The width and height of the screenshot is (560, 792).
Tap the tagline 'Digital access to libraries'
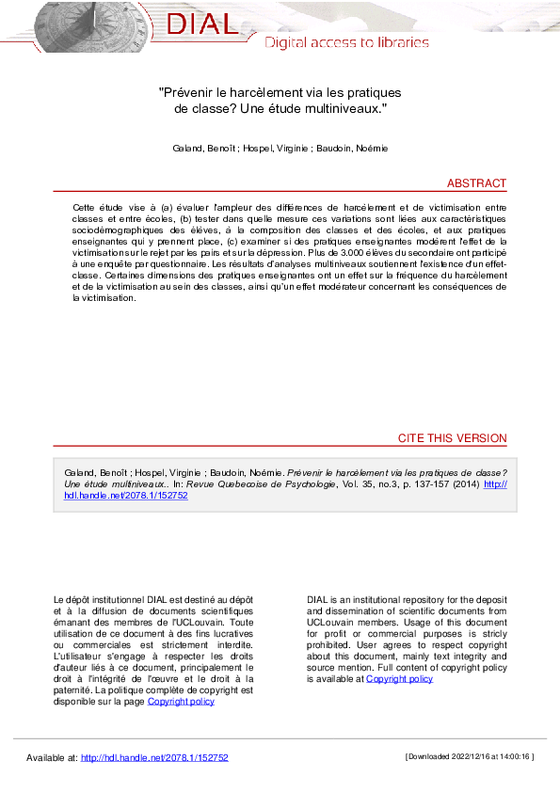345,42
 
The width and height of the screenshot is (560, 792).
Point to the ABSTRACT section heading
476,183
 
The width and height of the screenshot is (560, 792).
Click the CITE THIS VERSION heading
452,438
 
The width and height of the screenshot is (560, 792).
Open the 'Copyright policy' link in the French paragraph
181,701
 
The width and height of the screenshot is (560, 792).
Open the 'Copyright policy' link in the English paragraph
399,678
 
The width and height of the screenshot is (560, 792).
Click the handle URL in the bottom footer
154,757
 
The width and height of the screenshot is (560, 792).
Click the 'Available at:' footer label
52,757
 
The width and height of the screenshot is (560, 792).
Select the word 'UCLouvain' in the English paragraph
330,622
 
